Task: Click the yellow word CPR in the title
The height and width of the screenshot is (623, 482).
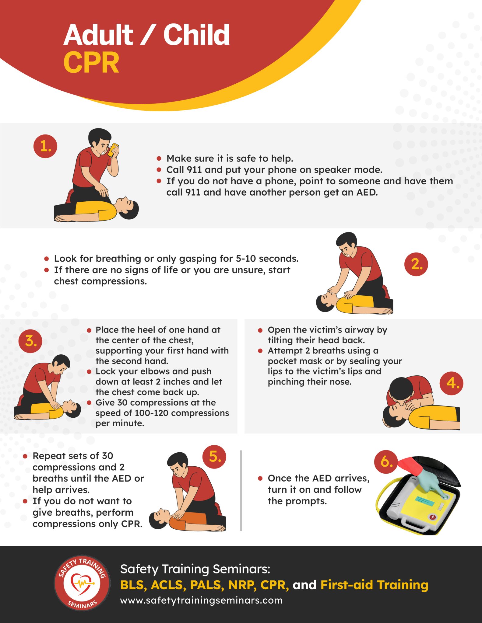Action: (91, 62)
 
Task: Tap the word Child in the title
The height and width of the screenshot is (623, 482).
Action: (196, 35)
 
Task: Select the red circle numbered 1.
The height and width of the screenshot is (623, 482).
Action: (45, 146)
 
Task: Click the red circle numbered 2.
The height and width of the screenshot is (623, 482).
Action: (416, 264)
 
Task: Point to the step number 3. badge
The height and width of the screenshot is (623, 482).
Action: (30, 341)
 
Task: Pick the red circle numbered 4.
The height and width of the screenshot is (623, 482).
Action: (452, 383)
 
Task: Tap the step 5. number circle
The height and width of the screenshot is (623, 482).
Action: (215, 457)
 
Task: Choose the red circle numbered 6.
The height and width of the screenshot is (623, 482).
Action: (386, 461)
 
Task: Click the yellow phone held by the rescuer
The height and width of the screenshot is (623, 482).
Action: (113, 150)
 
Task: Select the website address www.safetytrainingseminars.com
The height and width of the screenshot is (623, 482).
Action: (201, 600)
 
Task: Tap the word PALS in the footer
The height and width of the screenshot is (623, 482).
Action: (206, 585)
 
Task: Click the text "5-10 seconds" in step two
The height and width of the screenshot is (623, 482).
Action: (267, 259)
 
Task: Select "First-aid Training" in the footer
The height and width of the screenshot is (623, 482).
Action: (374, 585)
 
